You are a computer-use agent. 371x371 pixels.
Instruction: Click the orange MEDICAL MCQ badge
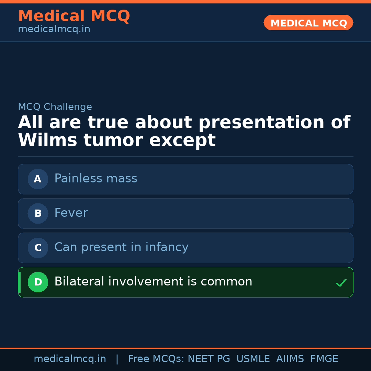click(308, 23)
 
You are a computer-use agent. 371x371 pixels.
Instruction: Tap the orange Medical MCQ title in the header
click(74, 16)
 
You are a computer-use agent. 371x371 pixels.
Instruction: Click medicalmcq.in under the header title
click(54, 30)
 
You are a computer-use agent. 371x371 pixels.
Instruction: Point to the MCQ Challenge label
click(55, 107)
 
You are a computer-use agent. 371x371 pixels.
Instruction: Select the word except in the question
click(182, 140)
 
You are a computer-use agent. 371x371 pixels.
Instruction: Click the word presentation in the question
click(261, 123)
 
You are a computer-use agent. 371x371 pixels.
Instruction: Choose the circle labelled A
click(38, 179)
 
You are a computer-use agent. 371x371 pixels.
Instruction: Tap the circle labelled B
click(38, 213)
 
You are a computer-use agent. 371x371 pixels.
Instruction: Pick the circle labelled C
click(38, 248)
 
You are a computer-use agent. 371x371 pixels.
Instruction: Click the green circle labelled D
click(38, 282)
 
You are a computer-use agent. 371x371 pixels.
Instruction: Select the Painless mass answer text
click(95, 179)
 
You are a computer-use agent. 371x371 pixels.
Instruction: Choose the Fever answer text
click(71, 213)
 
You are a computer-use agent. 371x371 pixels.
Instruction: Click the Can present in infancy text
click(121, 247)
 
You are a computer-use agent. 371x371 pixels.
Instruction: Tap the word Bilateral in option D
click(79, 282)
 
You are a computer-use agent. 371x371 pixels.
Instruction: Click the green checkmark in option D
click(341, 283)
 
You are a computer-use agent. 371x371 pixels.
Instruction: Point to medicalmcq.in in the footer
click(70, 359)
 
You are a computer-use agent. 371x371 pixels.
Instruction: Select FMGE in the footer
click(324, 359)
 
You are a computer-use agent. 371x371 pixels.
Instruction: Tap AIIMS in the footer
click(290, 359)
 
